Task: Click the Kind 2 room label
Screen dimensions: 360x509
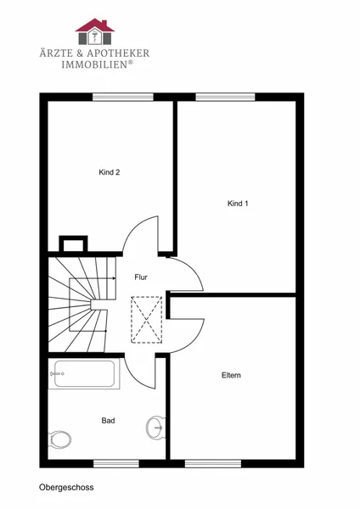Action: (x=110, y=172)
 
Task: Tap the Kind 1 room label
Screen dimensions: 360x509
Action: (x=238, y=204)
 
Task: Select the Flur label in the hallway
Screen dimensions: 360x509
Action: (x=141, y=277)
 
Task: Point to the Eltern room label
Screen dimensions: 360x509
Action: (x=231, y=375)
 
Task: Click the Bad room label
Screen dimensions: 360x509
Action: (x=108, y=421)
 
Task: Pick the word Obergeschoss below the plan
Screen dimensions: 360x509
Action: (x=66, y=487)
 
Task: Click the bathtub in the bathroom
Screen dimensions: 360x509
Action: (x=84, y=373)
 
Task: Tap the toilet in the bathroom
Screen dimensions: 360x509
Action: (x=60, y=439)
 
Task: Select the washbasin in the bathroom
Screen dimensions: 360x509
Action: (x=155, y=428)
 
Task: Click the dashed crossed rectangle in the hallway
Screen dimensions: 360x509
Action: (x=147, y=320)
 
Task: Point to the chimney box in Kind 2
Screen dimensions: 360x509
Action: (x=73, y=243)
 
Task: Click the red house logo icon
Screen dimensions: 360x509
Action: (x=95, y=31)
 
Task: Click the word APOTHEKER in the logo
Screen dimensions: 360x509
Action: (x=118, y=53)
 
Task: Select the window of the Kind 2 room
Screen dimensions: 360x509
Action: (x=123, y=97)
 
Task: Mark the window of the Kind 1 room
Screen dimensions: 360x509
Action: (x=225, y=97)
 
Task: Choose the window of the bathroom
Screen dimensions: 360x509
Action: (x=116, y=463)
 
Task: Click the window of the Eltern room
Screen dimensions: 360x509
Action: (x=213, y=463)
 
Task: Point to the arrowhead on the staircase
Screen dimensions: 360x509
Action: (x=114, y=278)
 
